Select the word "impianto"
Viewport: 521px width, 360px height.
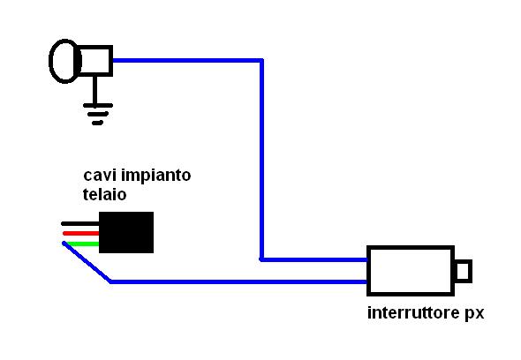coord(155,176)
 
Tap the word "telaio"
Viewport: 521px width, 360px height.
coord(105,194)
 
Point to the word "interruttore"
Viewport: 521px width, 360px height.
coord(413,313)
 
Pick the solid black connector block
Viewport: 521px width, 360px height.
coord(126,232)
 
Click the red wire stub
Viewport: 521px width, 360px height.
coord(81,234)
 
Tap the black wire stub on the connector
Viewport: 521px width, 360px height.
coord(80,223)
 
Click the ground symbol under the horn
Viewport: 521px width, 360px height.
coord(98,114)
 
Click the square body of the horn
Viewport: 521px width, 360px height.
coord(95,61)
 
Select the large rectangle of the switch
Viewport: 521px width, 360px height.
coord(411,271)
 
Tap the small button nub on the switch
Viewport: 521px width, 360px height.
coord(464,272)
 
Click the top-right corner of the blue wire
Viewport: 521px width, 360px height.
coord(262,61)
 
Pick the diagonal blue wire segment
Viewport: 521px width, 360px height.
coord(87,262)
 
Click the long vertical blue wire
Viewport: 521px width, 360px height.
coord(262,160)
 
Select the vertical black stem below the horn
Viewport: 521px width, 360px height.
coord(95,90)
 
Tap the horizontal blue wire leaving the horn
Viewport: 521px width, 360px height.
coord(188,61)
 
